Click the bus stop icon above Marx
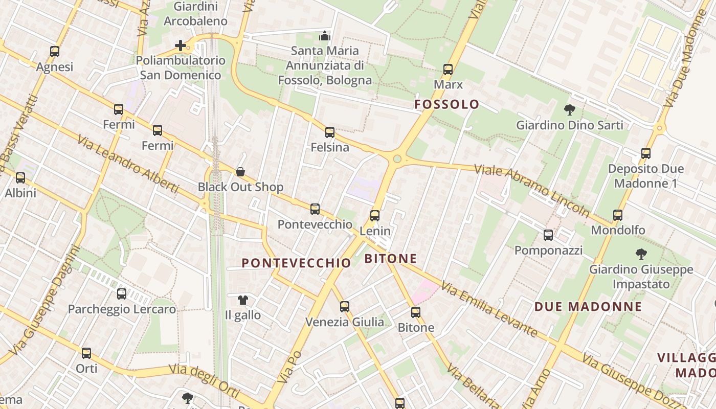pyautogui.click(x=448, y=70)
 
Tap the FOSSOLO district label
pyautogui.click(x=447, y=105)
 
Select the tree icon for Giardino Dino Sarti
pyautogui.click(x=569, y=110)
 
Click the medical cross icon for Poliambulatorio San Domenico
pyautogui.click(x=181, y=46)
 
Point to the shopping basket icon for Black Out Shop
pyautogui.click(x=240, y=172)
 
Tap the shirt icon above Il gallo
pyautogui.click(x=242, y=300)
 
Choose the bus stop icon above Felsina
pyautogui.click(x=330, y=132)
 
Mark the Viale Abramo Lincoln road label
pyautogui.click(x=532, y=189)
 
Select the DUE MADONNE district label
pyautogui.click(x=588, y=307)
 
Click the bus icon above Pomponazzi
pyautogui.click(x=548, y=235)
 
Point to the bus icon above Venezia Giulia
pyautogui.click(x=345, y=307)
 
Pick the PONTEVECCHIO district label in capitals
pyautogui.click(x=296, y=263)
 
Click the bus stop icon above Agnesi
pyautogui.click(x=55, y=52)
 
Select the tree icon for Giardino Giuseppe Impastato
pyautogui.click(x=641, y=254)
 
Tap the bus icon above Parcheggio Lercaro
pyautogui.click(x=122, y=294)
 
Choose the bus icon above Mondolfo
pyautogui.click(x=618, y=215)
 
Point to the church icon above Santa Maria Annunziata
pyautogui.click(x=325, y=36)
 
